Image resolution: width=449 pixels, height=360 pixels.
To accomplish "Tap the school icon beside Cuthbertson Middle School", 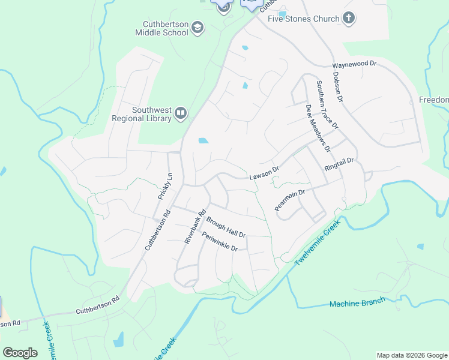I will [x=197, y=28].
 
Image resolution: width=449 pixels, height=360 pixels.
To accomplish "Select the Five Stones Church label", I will [x=304, y=19].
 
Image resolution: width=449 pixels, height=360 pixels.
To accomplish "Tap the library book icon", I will [x=180, y=113].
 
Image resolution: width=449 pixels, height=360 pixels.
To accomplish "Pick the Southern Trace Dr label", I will [x=328, y=104].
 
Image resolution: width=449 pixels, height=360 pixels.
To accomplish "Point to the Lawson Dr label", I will [x=264, y=173].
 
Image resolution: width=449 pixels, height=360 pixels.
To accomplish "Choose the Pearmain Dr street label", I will [x=290, y=199].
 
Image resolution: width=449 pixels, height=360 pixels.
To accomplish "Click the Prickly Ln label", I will [x=165, y=187].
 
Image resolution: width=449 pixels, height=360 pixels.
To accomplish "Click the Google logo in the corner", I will [x=20, y=353].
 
